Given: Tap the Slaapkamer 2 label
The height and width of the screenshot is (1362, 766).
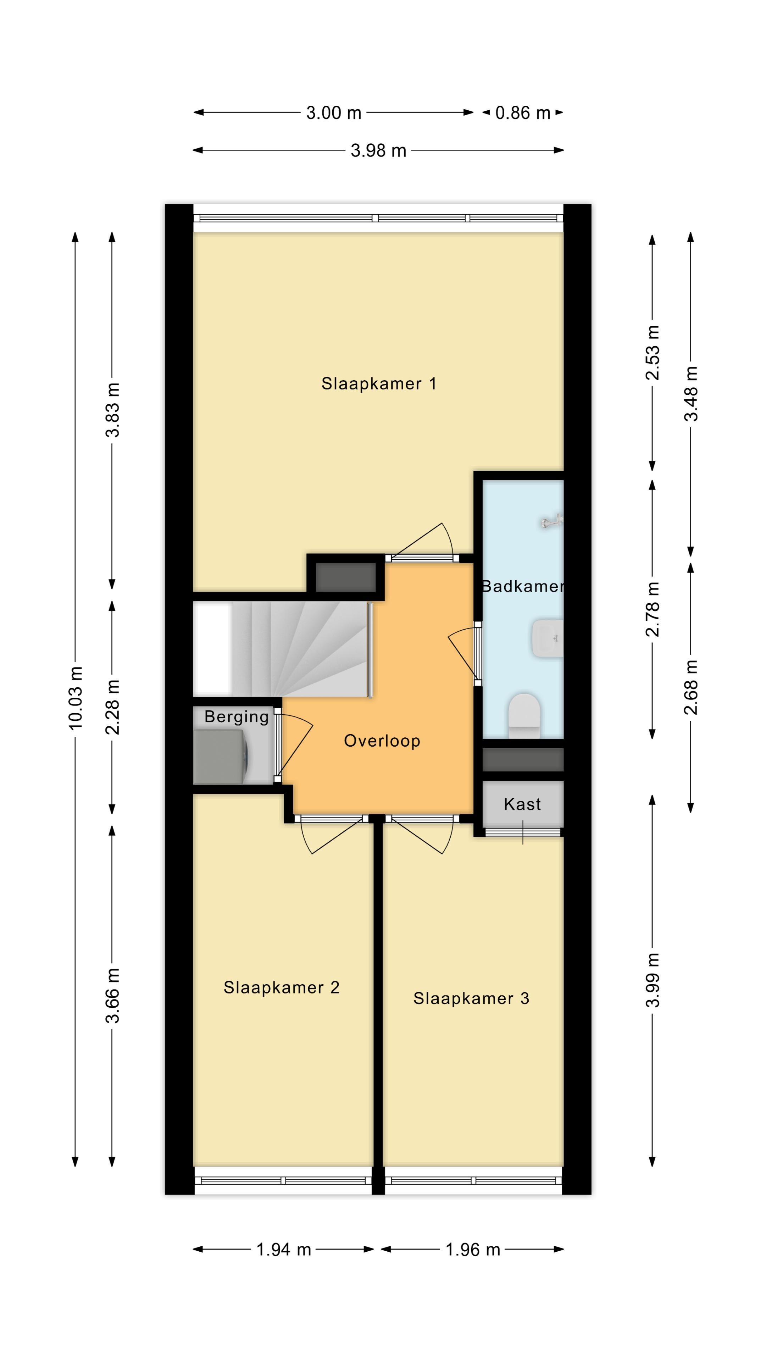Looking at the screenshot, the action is coord(281,988).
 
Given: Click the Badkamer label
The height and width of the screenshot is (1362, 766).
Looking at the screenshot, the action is coord(522,586).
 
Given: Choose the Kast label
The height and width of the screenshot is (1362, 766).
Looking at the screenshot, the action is coord(522,804).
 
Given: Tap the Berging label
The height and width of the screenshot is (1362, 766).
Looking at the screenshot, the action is coord(236,717).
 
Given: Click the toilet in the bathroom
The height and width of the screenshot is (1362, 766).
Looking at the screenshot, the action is coord(524,715).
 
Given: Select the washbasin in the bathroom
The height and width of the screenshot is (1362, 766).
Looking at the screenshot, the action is coord(548,639).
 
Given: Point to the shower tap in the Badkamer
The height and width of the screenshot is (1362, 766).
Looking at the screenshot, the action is coord(551,522).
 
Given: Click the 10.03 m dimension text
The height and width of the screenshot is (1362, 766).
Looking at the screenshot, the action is coord(76,698).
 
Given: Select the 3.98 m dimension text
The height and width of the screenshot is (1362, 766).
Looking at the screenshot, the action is coord(378,151).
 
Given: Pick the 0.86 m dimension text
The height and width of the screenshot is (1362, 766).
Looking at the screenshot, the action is coord(523,113).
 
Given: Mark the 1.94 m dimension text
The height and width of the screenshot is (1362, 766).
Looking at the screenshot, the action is coord(283,1249).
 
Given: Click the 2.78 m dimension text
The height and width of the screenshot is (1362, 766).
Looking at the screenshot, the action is coord(653,609).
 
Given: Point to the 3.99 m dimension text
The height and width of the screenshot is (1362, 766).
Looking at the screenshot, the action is coord(653,979).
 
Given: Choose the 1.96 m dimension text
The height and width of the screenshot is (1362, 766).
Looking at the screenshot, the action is coord(473,1249).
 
